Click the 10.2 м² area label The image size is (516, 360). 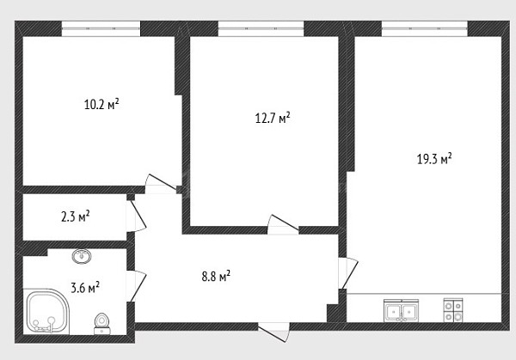click(101, 105)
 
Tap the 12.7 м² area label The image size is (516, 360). click(273, 118)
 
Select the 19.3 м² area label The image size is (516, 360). click(434, 159)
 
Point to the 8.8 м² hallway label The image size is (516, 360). click(216, 276)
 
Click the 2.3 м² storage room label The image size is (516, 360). click(76, 217)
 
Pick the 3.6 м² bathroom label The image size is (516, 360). click(85, 288)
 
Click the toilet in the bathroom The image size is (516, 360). click(101, 324)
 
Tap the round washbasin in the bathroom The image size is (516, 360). click(82, 256)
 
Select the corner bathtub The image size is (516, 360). click(46, 312)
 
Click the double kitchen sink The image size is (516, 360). click(401, 311)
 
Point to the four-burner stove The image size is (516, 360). click(453, 310)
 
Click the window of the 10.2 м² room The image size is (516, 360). click(101, 28)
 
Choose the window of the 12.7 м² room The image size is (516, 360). click(261, 28)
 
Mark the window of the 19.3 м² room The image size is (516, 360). click(425, 28)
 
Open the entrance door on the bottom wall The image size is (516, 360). click(273, 332)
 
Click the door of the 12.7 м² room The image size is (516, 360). click(283, 224)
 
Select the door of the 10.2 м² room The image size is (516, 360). click(161, 184)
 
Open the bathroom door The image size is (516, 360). click(136, 286)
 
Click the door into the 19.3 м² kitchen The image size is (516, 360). click(348, 274)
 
